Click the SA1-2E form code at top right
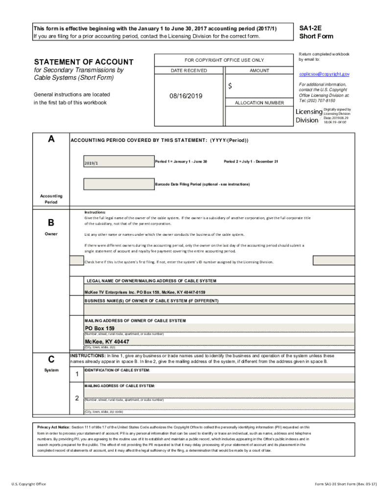click(x=309, y=28)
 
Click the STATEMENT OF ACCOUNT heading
click(x=83, y=62)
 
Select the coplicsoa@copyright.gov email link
click(x=325, y=74)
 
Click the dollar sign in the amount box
click(x=230, y=86)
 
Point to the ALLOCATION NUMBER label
click(x=259, y=103)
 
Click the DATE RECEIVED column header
click(x=188, y=70)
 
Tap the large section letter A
click(x=51, y=139)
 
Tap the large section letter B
click(x=51, y=223)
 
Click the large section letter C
click(x=51, y=359)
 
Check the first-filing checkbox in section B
click(x=76, y=261)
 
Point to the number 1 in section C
click(x=77, y=375)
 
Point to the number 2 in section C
click(x=77, y=398)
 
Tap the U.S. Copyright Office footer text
click(x=29, y=484)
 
